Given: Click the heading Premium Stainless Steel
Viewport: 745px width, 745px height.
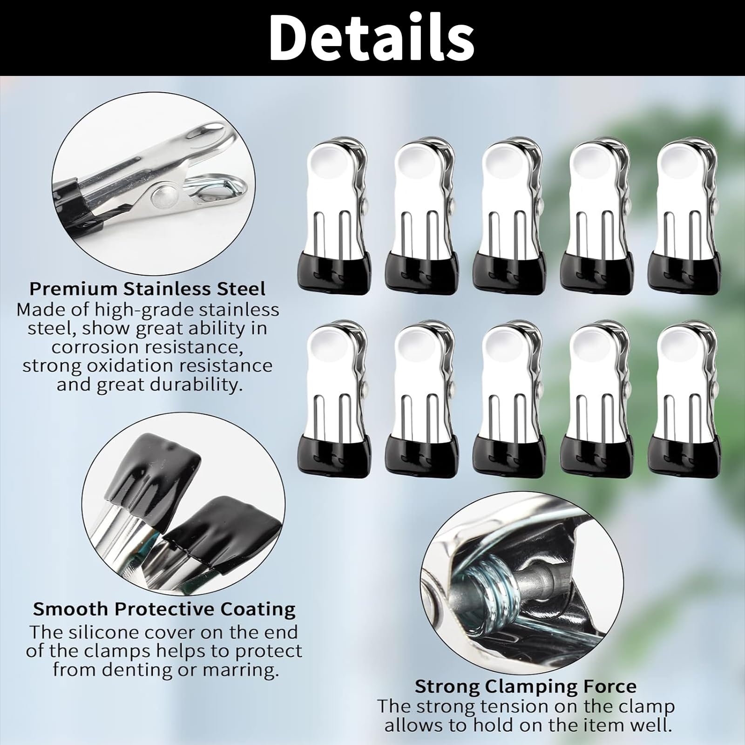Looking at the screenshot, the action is pyautogui.click(x=147, y=289).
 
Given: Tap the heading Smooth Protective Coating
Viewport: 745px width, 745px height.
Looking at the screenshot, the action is pyautogui.click(x=164, y=609).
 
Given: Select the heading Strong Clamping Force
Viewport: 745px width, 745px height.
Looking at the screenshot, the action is pyautogui.click(x=525, y=687).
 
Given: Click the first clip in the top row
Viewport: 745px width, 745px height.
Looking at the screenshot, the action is pyautogui.click(x=334, y=216).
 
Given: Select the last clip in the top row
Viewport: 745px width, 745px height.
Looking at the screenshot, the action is pyautogui.click(x=684, y=216).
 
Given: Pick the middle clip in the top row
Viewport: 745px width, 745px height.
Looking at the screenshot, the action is pyautogui.click(x=509, y=216).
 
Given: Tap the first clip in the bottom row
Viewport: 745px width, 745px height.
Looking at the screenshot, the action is pyautogui.click(x=334, y=400).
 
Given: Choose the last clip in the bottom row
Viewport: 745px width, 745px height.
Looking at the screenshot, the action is pyautogui.click(x=684, y=400).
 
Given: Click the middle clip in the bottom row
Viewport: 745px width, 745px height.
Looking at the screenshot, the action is pyautogui.click(x=509, y=400).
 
